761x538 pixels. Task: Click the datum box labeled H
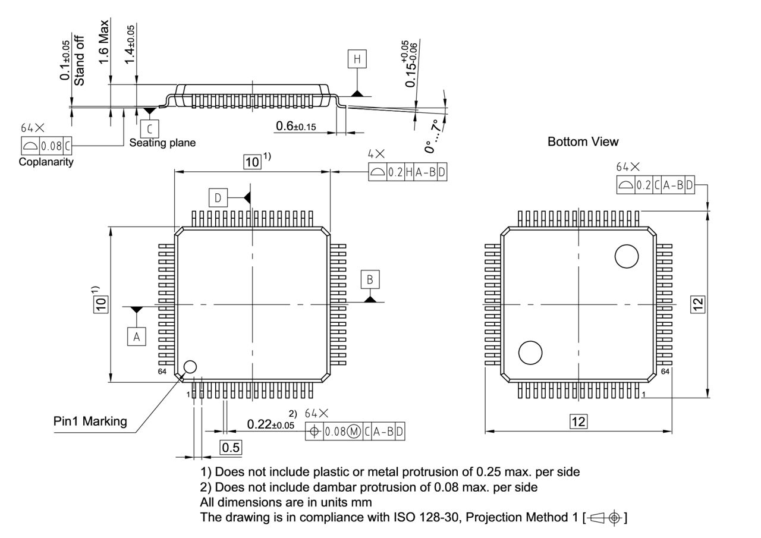tap(357, 59)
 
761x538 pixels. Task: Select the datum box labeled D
tap(218, 198)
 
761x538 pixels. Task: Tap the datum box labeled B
tap(370, 279)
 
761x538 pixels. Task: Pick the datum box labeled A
tap(136, 337)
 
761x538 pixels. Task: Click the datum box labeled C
tap(150, 128)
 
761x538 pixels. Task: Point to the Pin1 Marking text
tap(90, 421)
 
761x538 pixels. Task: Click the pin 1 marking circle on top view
tap(190, 367)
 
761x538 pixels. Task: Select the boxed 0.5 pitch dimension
tap(231, 448)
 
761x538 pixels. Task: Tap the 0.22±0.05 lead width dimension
tap(271, 424)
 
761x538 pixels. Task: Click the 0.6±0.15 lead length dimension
tap(295, 126)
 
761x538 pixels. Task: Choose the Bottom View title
tap(583, 141)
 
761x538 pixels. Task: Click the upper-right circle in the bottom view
tap(627, 256)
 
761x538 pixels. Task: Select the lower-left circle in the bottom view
tap(530, 353)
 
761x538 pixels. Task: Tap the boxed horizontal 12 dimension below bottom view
tap(578, 421)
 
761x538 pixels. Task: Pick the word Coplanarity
tap(46, 162)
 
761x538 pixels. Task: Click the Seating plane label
tap(162, 143)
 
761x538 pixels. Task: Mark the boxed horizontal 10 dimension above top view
tap(253, 162)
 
